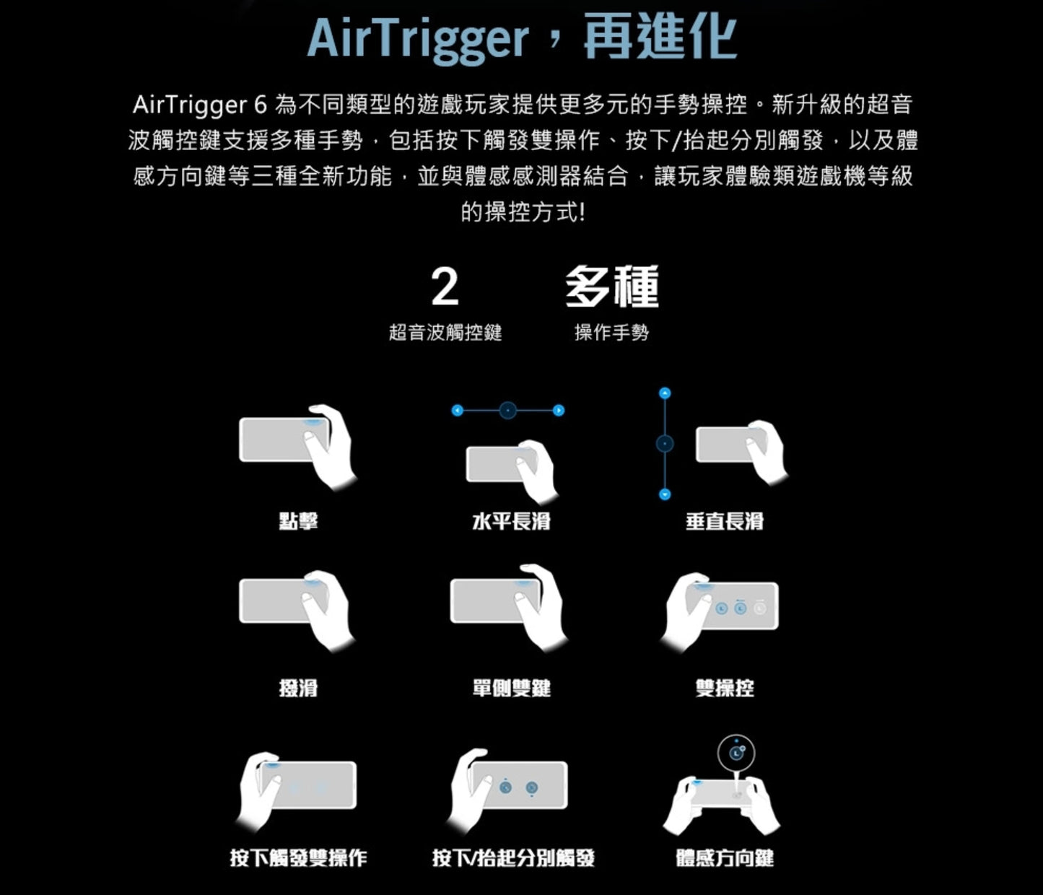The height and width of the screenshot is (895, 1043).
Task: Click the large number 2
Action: tap(445, 287)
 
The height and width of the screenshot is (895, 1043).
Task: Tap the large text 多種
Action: tap(611, 287)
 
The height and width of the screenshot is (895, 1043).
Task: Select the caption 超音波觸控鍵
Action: tap(445, 332)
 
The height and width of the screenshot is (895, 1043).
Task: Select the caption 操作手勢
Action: tap(611, 332)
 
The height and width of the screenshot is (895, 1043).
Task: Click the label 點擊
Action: tap(298, 520)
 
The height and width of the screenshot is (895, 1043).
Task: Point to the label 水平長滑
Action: tap(511, 520)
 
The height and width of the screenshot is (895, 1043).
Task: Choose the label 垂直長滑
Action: tap(724, 520)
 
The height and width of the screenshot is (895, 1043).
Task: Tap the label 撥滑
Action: tap(298, 688)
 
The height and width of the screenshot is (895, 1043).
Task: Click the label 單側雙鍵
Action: tap(511, 688)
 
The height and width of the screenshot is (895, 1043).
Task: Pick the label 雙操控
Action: tap(724, 688)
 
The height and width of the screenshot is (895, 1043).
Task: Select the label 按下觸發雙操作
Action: tap(298, 857)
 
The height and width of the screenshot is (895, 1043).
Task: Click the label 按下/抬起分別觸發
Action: tap(512, 857)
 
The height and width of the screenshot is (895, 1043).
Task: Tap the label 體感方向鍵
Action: tap(724, 857)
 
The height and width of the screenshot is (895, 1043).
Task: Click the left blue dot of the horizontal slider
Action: tap(456, 411)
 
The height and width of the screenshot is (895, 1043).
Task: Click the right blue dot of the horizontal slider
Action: tap(559, 411)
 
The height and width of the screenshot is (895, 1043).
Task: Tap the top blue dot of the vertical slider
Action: tap(665, 393)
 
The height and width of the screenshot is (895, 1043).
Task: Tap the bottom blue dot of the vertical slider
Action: tap(665, 494)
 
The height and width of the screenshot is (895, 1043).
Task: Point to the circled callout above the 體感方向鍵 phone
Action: tap(736, 754)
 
